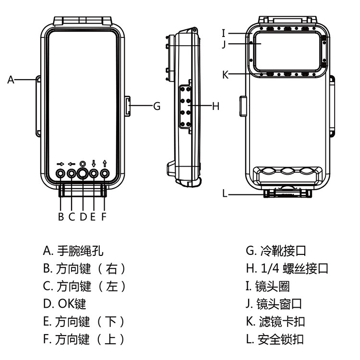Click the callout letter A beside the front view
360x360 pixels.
click(11, 80)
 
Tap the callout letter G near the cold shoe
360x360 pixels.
click(156, 106)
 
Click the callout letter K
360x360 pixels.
click(225, 74)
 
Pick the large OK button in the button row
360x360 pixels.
click(83, 173)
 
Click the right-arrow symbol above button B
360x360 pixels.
click(61, 163)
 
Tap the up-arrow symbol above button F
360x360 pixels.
click(105, 163)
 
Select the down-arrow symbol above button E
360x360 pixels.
click(94, 163)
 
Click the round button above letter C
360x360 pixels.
click(72, 173)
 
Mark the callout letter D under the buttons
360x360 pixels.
click(83, 216)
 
